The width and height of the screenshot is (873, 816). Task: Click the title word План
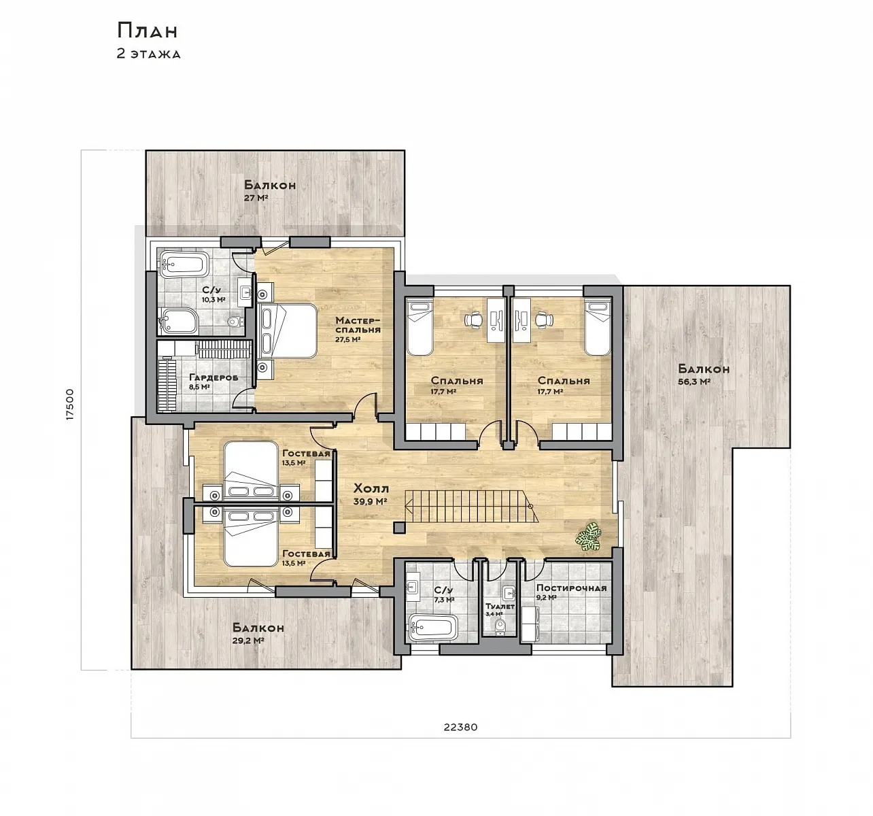(x=148, y=31)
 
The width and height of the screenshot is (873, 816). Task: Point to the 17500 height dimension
(x=70, y=404)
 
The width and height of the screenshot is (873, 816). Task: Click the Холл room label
(x=371, y=488)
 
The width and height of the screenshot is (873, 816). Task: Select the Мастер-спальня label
(x=358, y=324)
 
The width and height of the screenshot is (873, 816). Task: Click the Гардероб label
(x=213, y=377)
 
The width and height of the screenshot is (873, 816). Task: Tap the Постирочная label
(x=571, y=588)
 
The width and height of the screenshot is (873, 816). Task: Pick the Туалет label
(x=500, y=607)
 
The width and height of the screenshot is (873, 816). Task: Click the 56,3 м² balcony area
(x=694, y=382)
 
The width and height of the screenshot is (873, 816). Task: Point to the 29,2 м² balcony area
(x=248, y=641)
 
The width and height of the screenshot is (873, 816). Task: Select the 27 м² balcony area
(x=256, y=198)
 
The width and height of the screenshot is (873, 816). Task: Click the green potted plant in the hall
(x=589, y=537)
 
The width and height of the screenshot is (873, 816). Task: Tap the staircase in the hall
(x=473, y=507)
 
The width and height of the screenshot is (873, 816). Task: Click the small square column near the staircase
(x=399, y=527)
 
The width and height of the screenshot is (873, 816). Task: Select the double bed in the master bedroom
(x=287, y=330)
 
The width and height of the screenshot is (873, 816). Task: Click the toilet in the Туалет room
(x=499, y=628)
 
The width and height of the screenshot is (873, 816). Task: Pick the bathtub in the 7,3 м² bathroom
(x=433, y=628)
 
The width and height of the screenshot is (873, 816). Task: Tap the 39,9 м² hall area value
(x=370, y=501)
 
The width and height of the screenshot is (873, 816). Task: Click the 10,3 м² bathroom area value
(x=213, y=300)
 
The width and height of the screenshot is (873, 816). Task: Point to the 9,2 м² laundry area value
(x=547, y=598)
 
